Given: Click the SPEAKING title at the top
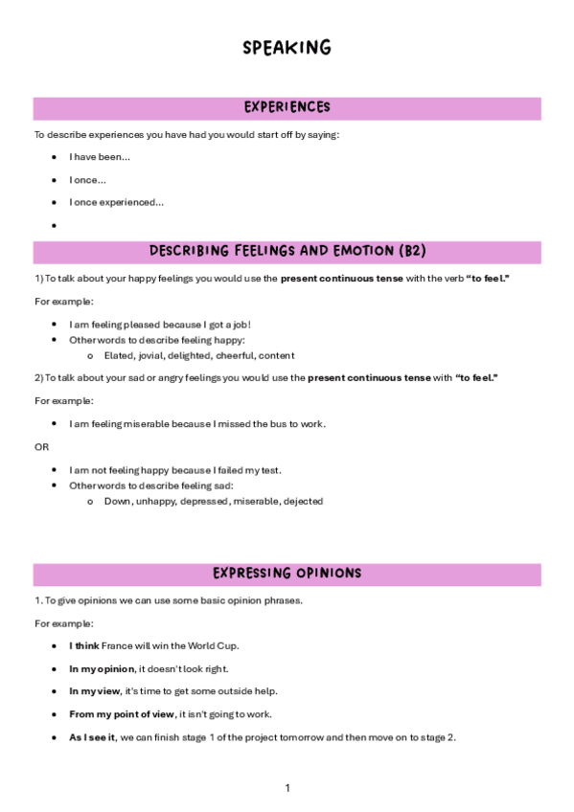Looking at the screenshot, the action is [x=287, y=47].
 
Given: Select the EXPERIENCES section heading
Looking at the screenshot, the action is [x=287, y=107].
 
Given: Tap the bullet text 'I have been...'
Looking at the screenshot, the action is [x=100, y=157].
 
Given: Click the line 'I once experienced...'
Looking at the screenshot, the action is [x=116, y=202].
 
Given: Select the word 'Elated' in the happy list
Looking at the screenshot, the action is [x=118, y=355].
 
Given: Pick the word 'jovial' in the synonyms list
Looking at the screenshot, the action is [x=149, y=355].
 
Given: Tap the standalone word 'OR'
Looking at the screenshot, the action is [x=41, y=447].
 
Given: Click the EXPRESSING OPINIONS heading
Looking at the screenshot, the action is [x=287, y=574].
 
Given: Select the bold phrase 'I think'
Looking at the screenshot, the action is [x=83, y=645].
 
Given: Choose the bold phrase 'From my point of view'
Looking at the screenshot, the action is [x=122, y=714].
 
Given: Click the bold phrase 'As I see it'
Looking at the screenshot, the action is [x=92, y=737].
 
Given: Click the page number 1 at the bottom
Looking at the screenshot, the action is [x=287, y=788].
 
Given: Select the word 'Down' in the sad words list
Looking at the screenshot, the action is [x=117, y=501].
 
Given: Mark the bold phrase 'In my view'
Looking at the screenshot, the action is [x=93, y=691].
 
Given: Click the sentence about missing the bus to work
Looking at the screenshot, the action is [x=197, y=423].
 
